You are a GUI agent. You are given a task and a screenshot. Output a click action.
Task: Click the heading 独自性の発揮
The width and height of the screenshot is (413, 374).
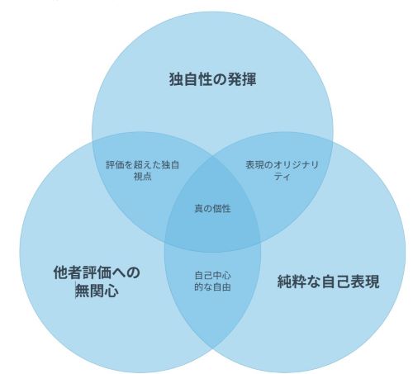212,79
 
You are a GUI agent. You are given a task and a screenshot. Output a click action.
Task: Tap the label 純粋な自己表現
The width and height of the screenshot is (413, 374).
328,282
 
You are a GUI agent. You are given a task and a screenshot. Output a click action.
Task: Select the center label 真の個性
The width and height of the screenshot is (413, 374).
212,209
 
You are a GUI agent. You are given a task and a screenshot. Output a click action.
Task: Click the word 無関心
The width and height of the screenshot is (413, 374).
97,291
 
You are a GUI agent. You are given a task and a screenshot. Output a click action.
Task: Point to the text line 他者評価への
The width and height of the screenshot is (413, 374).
97,272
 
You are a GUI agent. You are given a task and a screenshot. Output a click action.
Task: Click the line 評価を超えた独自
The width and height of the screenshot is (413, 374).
143,165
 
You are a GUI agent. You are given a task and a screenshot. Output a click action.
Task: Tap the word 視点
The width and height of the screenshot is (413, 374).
143,176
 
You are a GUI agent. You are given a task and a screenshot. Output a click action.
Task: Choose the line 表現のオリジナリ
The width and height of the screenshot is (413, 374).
282,165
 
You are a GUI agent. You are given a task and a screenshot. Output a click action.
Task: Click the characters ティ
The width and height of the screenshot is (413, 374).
282,176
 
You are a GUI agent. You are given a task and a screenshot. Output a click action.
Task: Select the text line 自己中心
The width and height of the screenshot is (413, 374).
212,276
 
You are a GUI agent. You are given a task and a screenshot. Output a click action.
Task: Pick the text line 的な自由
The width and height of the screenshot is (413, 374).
212,287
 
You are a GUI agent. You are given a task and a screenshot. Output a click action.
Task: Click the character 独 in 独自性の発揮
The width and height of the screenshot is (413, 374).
176,79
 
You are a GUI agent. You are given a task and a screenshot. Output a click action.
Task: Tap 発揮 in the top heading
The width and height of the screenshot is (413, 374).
242,79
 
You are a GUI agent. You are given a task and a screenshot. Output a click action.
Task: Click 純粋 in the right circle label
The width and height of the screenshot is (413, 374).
292,282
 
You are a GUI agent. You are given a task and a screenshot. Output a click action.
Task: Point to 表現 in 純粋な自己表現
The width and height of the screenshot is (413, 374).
365,282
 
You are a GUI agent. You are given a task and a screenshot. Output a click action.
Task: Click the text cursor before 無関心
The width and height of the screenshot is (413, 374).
76,291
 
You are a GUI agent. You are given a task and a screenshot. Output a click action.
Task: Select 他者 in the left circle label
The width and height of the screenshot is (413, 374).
68,272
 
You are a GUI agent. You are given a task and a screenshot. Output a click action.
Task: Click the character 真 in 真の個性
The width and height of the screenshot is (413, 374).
199,209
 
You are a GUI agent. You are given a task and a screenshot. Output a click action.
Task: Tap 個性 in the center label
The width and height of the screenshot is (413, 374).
222,209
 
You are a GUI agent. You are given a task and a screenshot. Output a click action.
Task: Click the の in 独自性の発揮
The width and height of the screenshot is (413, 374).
220,79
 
